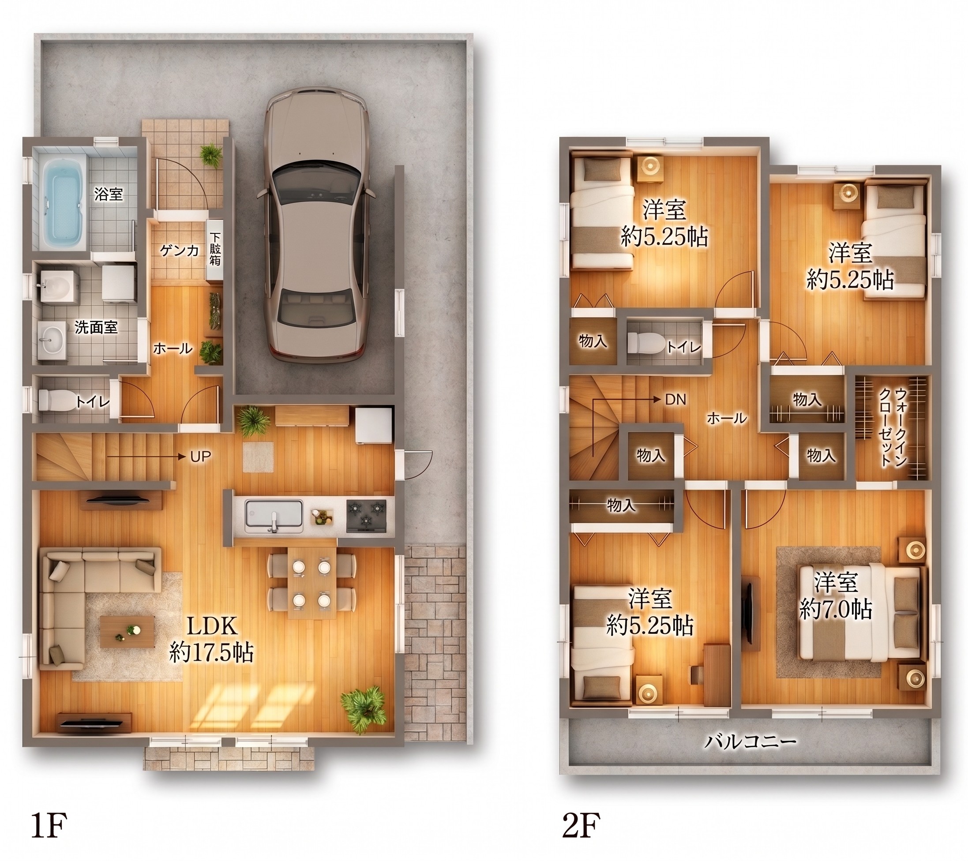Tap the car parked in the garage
click(316, 225)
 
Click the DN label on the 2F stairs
click(675, 400)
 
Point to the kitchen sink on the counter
click(274, 517)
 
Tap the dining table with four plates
click(312, 583)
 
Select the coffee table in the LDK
click(128, 632)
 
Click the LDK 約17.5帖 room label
click(211, 639)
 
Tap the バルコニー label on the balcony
click(750, 741)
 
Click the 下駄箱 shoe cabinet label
click(215, 248)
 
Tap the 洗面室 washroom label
click(96, 327)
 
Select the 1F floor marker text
click(49, 824)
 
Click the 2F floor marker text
click(581, 824)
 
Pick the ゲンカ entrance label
click(179, 250)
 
